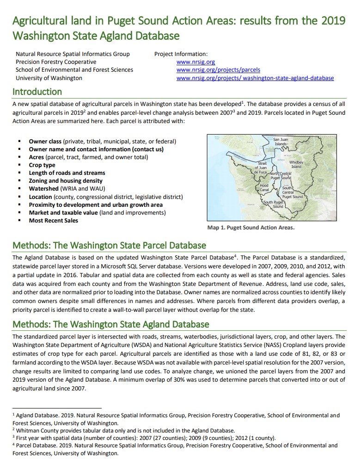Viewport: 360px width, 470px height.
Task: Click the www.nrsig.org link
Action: tap(195, 62)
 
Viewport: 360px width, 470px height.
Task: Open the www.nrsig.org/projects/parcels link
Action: tap(218, 70)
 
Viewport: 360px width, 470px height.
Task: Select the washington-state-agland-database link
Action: tap(255, 78)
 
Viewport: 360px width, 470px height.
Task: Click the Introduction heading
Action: tap(37, 92)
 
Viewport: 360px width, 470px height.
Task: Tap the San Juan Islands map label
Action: tap(281, 142)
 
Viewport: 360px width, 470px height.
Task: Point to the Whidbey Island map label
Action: tap(296, 164)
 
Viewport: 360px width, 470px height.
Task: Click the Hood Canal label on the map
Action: tap(264, 188)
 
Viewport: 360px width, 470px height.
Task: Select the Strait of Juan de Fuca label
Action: tap(261, 167)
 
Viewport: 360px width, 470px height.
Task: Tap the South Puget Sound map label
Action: tap(273, 204)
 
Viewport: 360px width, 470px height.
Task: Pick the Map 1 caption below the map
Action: tap(251, 228)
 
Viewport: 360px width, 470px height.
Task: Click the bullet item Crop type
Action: tap(42, 165)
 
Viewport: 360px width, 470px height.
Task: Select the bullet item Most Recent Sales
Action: tap(54, 221)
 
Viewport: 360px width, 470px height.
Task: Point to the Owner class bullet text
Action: tap(102, 141)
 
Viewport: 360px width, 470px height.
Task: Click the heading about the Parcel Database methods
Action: tap(109, 245)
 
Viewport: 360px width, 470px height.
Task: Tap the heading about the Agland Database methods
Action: tap(110, 324)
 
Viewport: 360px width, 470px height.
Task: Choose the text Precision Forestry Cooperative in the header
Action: tap(56, 62)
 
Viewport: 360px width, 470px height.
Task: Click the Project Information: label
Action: tap(181, 54)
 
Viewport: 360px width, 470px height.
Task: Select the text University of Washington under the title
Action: tap(49, 78)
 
